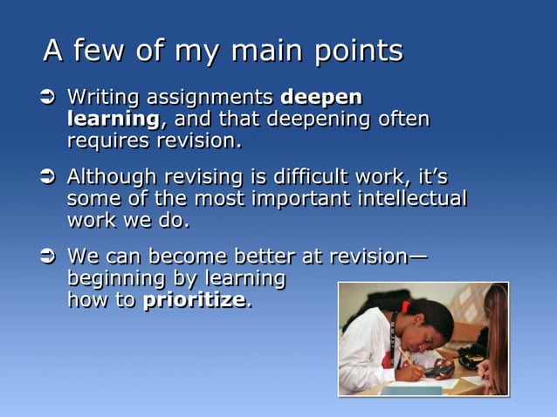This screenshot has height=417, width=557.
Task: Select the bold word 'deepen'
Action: click(x=320, y=97)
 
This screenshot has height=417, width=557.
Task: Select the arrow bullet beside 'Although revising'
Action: click(x=49, y=177)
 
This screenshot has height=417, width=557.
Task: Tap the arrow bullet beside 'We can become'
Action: click(x=49, y=257)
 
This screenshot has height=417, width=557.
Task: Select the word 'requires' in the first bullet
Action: click(x=102, y=140)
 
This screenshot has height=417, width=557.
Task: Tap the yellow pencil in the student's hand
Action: click(x=407, y=359)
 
